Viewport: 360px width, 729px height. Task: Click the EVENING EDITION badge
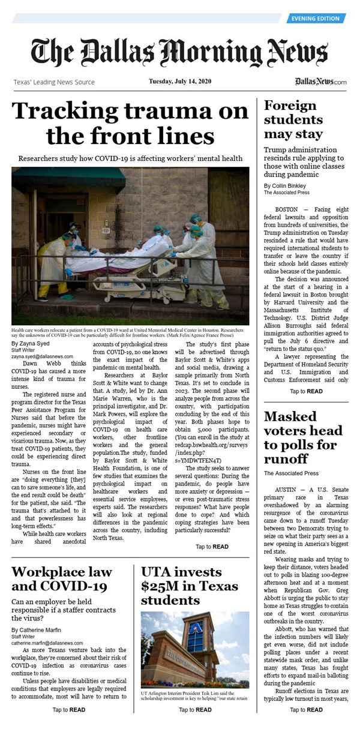[316, 19]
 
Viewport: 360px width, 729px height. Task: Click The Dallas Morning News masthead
[179, 52]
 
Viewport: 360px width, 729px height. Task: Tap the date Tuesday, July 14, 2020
[181, 82]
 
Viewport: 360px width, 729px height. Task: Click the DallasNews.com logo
[320, 82]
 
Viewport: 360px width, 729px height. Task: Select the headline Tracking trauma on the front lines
[130, 124]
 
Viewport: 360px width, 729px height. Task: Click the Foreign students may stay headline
[293, 119]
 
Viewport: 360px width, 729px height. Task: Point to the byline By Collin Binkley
[286, 186]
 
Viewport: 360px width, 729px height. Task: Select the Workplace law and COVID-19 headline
[59, 578]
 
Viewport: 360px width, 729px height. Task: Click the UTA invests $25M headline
[181, 585]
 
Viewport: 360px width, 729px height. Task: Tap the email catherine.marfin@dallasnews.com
[47, 643]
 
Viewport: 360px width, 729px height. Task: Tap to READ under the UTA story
[195, 710]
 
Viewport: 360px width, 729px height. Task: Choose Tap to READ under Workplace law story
[68, 710]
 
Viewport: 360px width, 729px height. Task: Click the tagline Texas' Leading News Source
[54, 82]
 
